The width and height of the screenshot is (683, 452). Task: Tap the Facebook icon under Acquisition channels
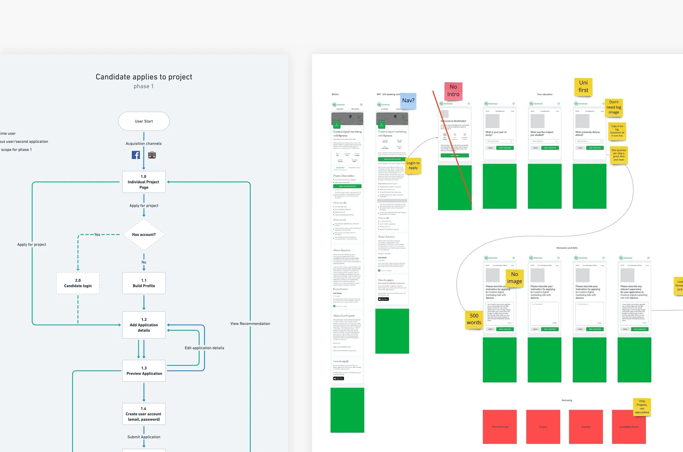tap(136, 155)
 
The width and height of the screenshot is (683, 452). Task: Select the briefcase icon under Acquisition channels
tap(152, 155)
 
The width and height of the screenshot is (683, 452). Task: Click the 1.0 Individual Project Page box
tap(144, 182)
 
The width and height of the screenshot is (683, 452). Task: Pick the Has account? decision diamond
tap(144, 235)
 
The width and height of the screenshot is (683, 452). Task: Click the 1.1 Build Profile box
tap(144, 283)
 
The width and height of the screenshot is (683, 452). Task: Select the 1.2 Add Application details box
tap(144, 325)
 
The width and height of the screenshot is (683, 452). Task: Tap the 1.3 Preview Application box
tap(144, 371)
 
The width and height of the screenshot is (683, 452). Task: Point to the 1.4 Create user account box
tap(144, 414)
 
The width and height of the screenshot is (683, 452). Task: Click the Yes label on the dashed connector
tap(97, 235)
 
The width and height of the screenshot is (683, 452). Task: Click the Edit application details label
tap(204, 348)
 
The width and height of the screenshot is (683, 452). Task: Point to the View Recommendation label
tap(250, 324)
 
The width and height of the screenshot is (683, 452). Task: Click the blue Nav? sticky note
tap(408, 101)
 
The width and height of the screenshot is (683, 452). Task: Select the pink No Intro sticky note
tap(453, 91)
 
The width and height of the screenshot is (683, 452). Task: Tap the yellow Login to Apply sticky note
tap(413, 166)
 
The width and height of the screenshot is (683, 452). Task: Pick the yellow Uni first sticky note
tap(583, 86)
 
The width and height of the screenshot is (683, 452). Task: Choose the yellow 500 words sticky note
tap(474, 319)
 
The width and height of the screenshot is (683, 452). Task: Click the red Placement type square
tap(500, 427)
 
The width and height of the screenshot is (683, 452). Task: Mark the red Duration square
tap(586, 427)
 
